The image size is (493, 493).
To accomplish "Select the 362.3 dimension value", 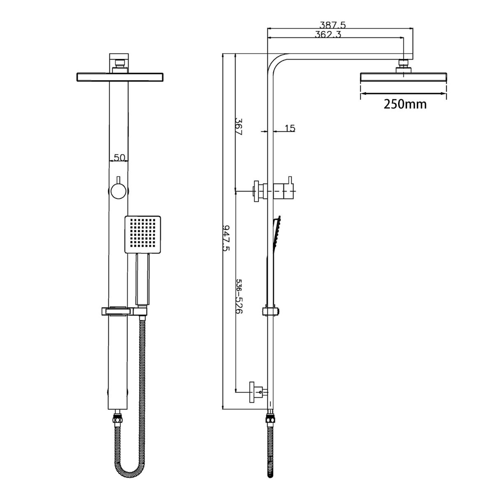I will (x=328, y=35).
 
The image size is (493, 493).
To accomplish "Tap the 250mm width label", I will (x=405, y=104).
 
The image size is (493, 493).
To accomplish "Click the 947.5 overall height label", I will (x=226, y=237).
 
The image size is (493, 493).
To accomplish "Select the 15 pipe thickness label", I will (x=290, y=128).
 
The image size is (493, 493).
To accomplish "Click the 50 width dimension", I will (x=119, y=157).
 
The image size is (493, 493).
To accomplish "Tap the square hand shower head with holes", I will (x=142, y=234).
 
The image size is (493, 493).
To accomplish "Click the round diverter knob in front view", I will (x=119, y=191).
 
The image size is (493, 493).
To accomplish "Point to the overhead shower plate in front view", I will (x=120, y=77).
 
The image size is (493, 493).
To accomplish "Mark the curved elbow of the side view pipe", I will (x=276, y=62).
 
